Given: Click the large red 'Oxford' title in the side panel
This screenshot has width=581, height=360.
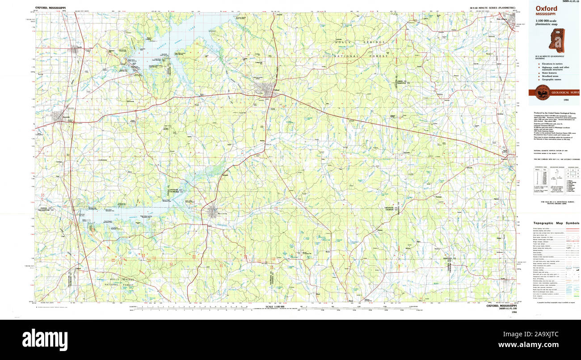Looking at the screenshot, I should coord(547,8).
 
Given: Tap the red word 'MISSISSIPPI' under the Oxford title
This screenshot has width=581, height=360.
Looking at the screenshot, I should coord(546,14).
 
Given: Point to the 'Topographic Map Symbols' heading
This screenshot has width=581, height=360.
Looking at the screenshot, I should coord(556,223).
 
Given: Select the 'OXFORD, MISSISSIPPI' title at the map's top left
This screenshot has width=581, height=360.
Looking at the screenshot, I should coord(49,8).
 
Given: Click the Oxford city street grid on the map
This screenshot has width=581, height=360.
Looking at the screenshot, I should coord(268,90).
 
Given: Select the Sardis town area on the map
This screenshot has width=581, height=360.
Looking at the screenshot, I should coord(76,48).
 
